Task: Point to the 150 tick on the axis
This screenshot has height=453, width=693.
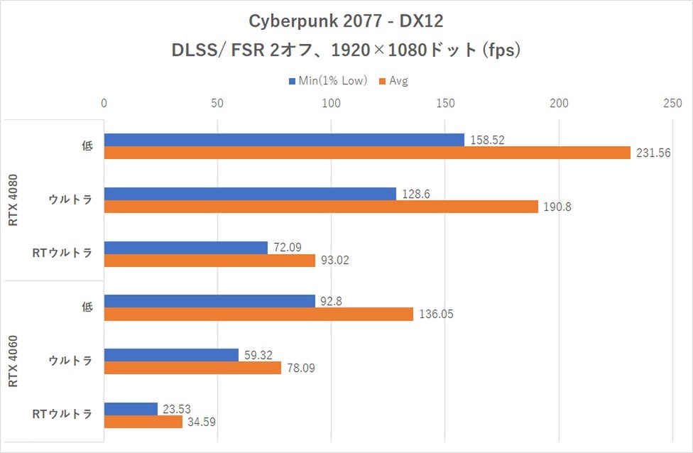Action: click(x=444, y=103)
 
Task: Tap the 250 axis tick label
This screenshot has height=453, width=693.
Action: click(x=672, y=103)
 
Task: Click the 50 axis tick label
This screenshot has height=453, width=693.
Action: click(x=217, y=103)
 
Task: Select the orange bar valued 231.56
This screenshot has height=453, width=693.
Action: click(x=367, y=153)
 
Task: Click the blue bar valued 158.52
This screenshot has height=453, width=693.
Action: click(x=284, y=140)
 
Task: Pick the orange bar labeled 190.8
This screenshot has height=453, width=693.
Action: click(x=321, y=207)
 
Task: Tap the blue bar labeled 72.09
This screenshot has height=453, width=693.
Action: click(x=186, y=248)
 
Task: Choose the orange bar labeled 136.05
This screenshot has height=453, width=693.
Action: click(x=258, y=314)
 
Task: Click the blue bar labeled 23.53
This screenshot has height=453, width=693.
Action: click(x=131, y=409)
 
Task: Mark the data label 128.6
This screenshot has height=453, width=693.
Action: click(x=416, y=194)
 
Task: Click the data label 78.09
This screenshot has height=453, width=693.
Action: click(x=301, y=368)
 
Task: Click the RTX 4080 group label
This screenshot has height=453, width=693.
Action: click(x=14, y=200)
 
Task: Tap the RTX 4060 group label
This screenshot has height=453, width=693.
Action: click(x=14, y=361)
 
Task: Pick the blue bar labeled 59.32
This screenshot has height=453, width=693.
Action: click(x=171, y=355)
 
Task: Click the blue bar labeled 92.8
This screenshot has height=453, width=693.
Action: click(x=209, y=301)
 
